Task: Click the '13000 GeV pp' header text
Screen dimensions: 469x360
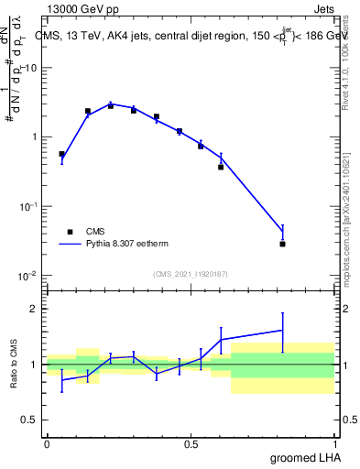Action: pyautogui.click(x=80, y=9)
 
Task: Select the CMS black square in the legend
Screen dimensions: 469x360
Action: pyautogui.click(x=70, y=232)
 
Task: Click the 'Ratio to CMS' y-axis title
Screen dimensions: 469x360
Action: pyautogui.click(x=13, y=365)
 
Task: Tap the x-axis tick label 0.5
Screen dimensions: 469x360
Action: pyautogui.click(x=191, y=444)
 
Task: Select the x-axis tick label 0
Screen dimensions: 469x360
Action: pyautogui.click(x=47, y=444)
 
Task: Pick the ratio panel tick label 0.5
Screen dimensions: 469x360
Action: pyautogui.click(x=29, y=420)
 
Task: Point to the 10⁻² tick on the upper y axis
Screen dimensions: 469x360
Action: pyautogui.click(x=27, y=276)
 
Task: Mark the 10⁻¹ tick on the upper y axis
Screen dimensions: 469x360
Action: pyautogui.click(x=27, y=206)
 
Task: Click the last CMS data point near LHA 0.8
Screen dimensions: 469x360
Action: pyautogui.click(x=282, y=244)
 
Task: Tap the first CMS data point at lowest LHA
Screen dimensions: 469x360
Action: pyautogui.click(x=61, y=154)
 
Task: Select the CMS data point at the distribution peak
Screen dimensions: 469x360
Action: pyautogui.click(x=111, y=105)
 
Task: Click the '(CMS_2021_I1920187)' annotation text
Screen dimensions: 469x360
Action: pyautogui.click(x=190, y=274)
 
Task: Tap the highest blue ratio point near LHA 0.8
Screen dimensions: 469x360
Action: pyautogui.click(x=282, y=330)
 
